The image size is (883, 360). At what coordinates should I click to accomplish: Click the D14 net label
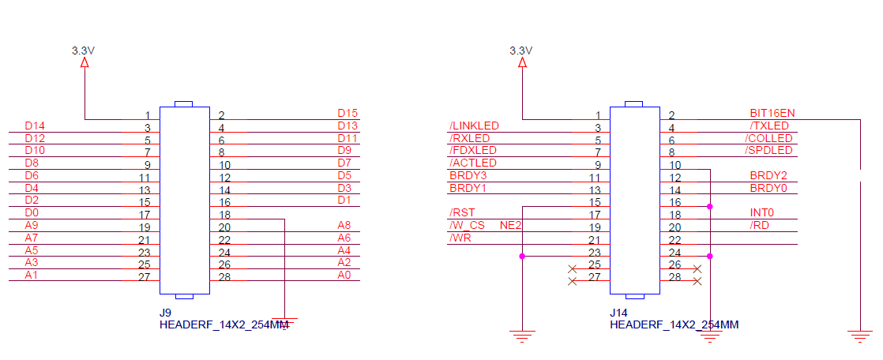[35, 126]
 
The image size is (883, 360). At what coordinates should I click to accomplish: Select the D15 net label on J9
[348, 113]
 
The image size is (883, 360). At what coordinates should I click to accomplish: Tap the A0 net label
[344, 275]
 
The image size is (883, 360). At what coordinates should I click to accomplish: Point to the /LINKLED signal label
[474, 126]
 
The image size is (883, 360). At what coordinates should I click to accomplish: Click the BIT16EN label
[772, 113]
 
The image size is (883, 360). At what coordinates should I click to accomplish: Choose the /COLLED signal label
[769, 138]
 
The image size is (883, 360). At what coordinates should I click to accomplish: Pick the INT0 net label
[762, 212]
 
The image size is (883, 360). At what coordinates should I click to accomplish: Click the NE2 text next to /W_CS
[511, 225]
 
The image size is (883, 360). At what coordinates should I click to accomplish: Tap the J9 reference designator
[165, 313]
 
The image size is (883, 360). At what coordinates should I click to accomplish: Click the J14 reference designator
[618, 313]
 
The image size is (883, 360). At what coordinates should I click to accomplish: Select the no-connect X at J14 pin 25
[572, 268]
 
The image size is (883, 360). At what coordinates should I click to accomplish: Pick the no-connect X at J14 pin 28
[697, 281]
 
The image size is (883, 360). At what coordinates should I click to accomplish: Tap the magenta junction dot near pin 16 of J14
[710, 207]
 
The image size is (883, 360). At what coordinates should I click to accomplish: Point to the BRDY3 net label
[468, 175]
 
